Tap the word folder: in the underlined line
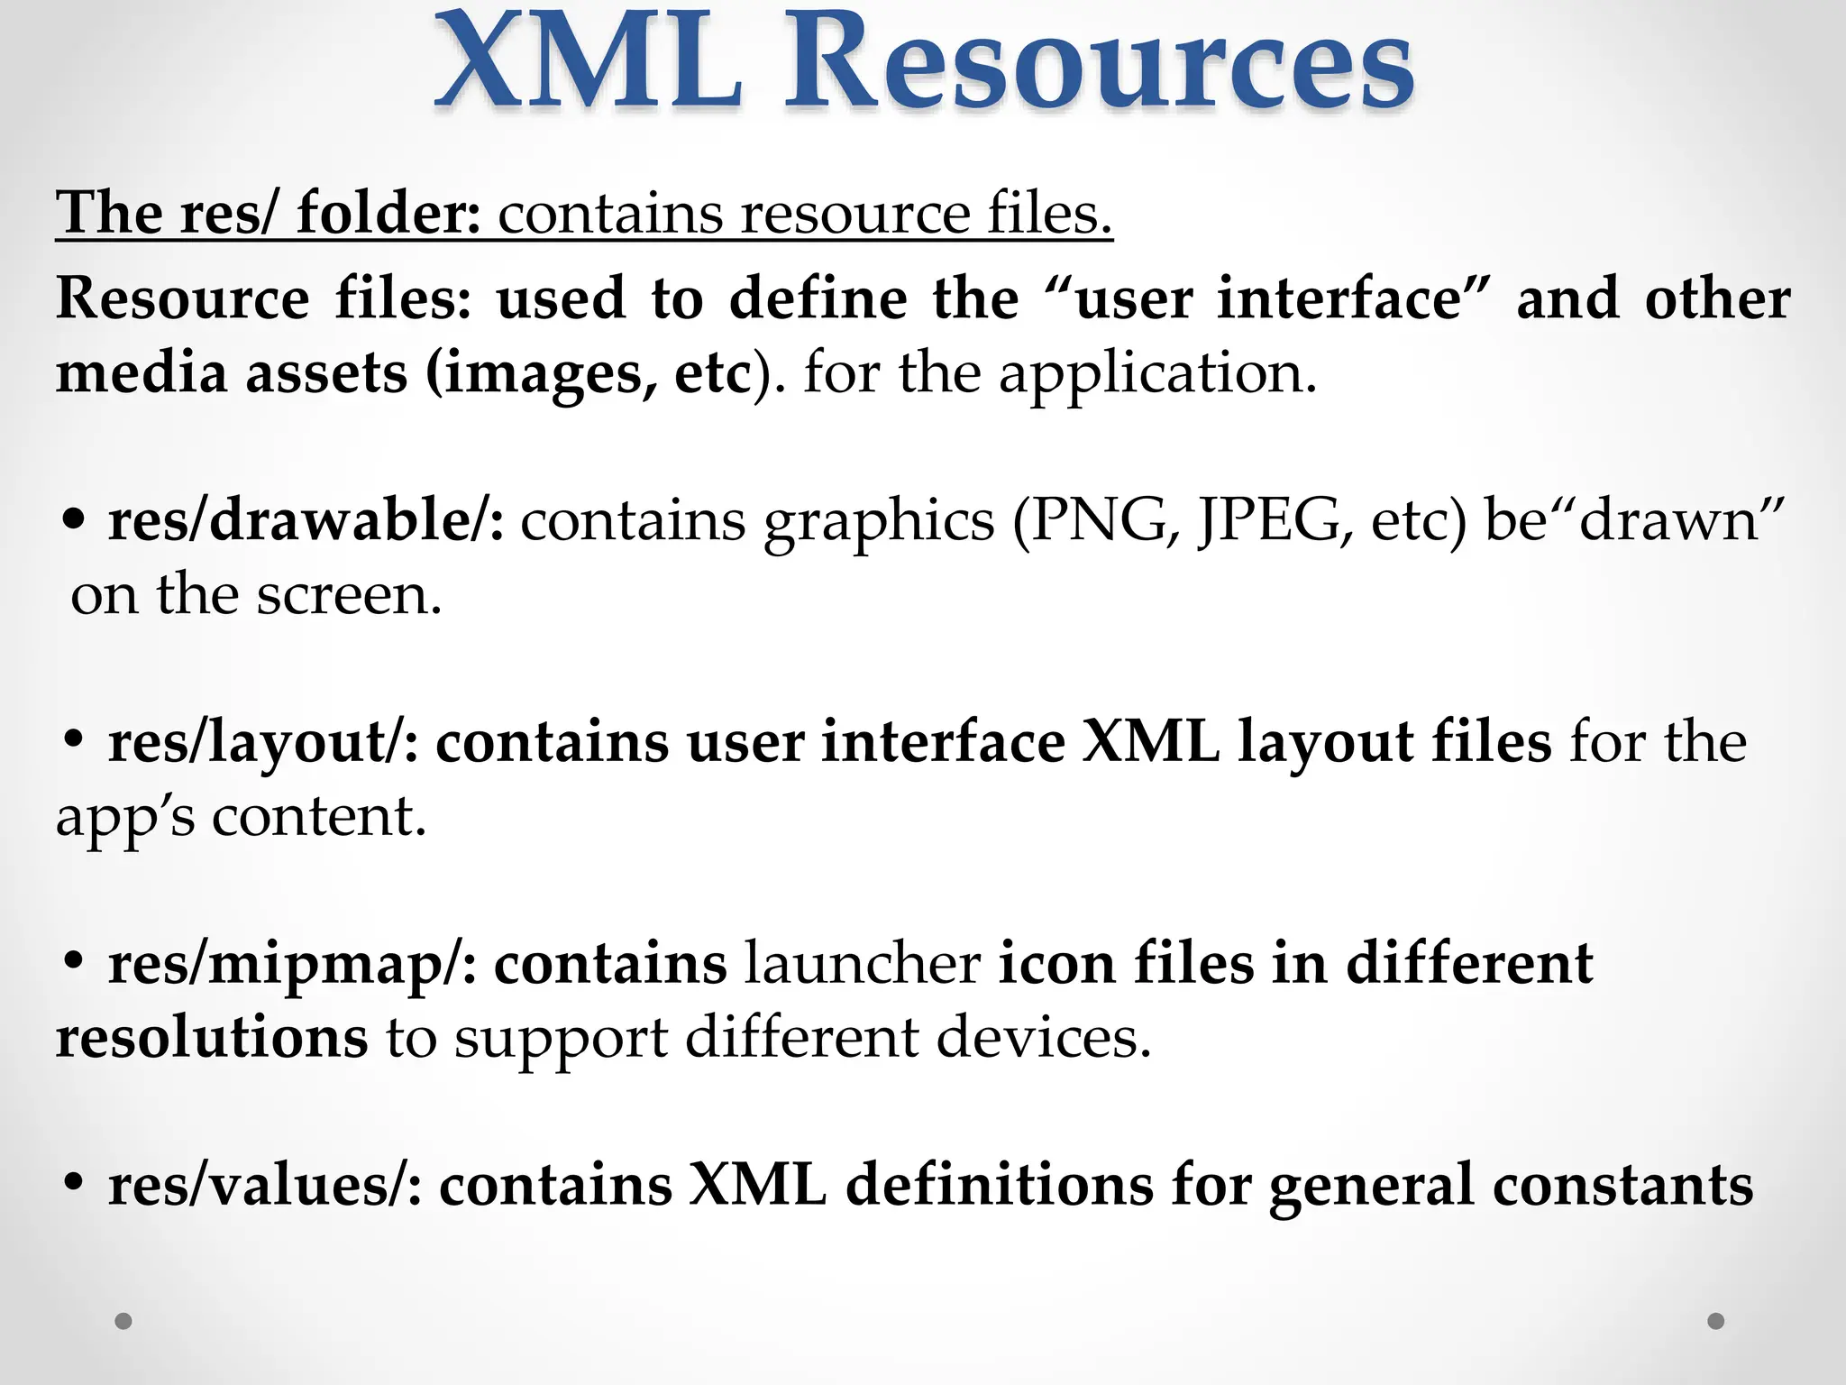click(x=388, y=214)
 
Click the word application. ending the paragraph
click(x=1157, y=374)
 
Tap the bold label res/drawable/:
click(x=306, y=521)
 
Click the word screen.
click(x=350, y=596)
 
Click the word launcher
click(x=863, y=963)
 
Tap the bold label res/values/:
click(x=265, y=1185)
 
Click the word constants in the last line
click(x=1622, y=1185)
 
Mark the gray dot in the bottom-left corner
click(x=123, y=1321)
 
